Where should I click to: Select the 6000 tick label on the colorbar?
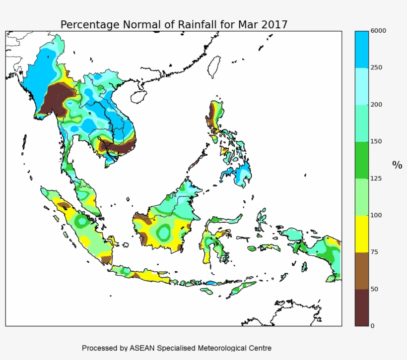(x=378, y=31)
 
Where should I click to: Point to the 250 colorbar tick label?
(x=377, y=67)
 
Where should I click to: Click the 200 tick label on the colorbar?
(x=377, y=105)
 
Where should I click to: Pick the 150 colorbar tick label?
(x=377, y=141)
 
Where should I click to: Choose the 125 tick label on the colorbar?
(x=377, y=179)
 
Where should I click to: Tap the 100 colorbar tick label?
(x=377, y=215)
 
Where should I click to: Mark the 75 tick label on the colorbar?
(x=375, y=252)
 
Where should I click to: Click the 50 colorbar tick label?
(x=375, y=289)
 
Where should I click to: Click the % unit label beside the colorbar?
(x=397, y=165)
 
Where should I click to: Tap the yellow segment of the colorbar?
(x=362, y=234)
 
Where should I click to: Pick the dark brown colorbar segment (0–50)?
(x=362, y=307)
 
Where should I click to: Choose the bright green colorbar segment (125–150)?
(x=362, y=160)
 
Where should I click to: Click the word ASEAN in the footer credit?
(x=142, y=348)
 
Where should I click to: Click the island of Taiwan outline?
(x=214, y=66)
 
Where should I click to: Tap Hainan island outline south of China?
(x=139, y=96)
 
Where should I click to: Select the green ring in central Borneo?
(x=164, y=231)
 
